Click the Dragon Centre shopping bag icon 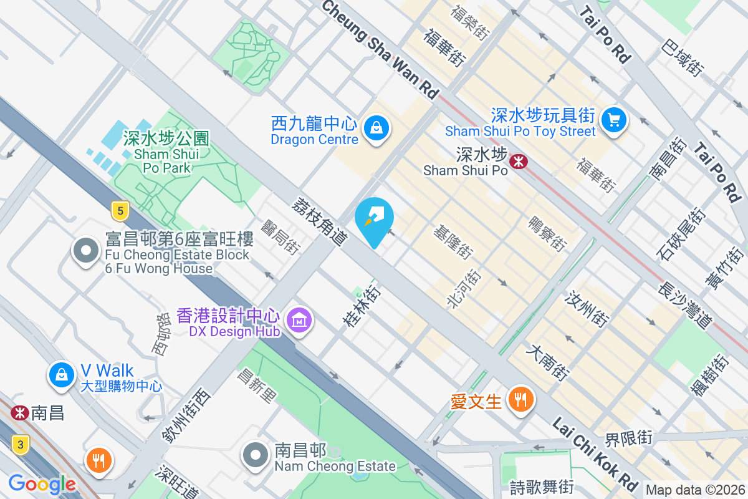376,128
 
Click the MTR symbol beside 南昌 20,412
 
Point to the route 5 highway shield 120,211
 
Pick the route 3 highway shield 21,445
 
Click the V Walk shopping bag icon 62,375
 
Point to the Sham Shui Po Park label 166,152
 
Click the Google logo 42,483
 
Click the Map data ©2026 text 694,490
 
